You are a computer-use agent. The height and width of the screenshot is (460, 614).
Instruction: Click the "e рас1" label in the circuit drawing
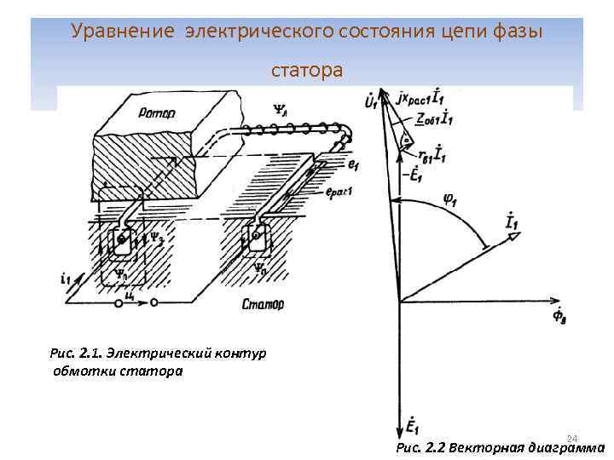339,193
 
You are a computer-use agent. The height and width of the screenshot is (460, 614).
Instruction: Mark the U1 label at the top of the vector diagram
371,103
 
